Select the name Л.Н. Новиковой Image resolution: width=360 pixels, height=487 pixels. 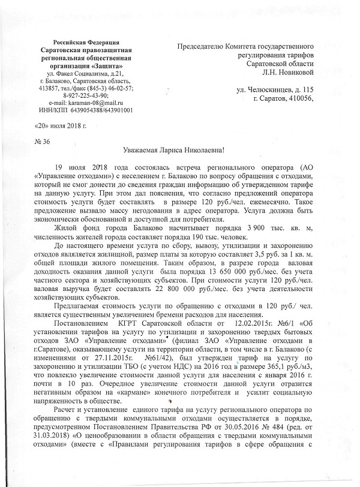[287, 73]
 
